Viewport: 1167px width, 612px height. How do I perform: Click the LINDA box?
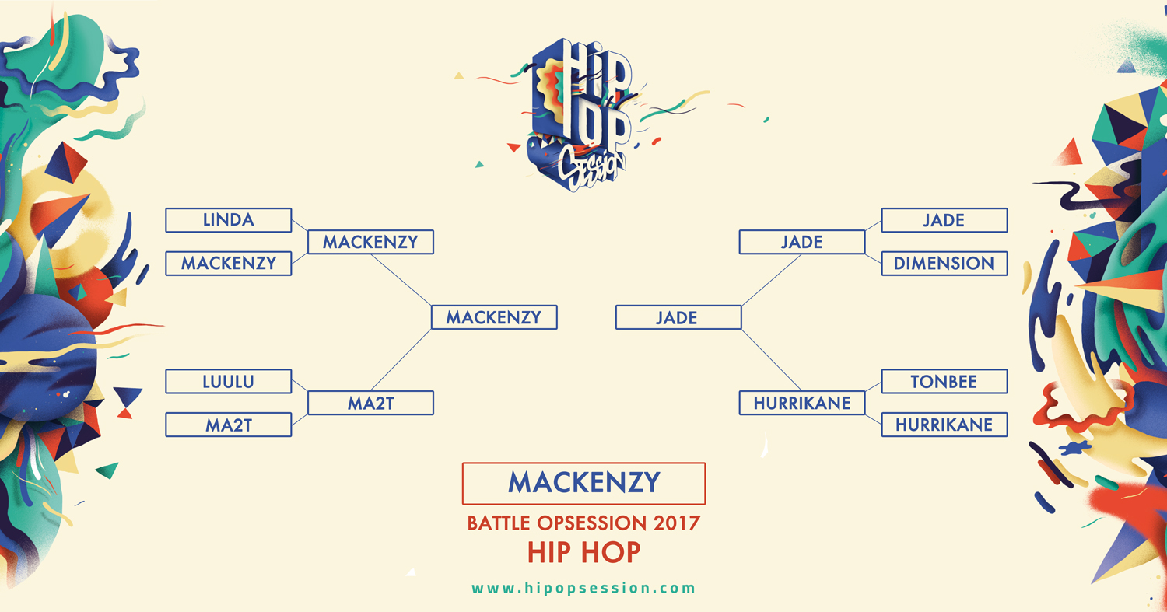[x=228, y=220]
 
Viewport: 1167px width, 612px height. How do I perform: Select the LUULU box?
[x=228, y=381]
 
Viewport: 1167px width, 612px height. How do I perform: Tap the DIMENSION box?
[x=944, y=263]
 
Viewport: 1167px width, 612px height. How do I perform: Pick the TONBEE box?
[x=944, y=381]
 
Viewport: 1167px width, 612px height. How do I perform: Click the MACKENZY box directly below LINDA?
[x=228, y=263]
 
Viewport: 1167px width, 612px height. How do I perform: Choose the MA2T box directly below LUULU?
[x=228, y=425]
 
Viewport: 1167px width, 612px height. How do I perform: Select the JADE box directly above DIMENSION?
[x=944, y=220]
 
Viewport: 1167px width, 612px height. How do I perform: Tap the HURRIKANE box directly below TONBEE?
[x=944, y=425]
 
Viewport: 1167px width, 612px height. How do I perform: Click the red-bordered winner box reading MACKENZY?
[x=583, y=484]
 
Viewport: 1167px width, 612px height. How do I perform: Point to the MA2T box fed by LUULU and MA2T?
[x=370, y=403]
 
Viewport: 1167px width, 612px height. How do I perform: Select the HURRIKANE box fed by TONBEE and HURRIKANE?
[x=802, y=403]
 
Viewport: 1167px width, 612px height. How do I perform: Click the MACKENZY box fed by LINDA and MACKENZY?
[x=370, y=242]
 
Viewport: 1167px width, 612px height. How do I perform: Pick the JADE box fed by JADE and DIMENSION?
[x=802, y=242]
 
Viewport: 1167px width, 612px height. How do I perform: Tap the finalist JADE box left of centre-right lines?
[x=678, y=317]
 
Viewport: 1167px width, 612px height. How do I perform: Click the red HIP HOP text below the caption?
[x=583, y=552]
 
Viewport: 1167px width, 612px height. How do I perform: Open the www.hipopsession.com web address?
[x=583, y=588]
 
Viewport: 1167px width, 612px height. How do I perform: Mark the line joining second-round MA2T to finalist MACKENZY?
[x=401, y=360]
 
